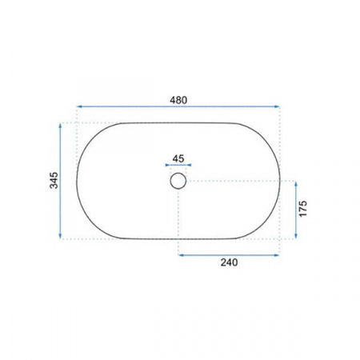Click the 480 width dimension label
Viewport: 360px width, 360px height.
tap(178, 100)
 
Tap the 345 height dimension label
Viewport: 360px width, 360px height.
tap(54, 181)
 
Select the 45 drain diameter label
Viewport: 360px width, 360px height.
tap(178, 158)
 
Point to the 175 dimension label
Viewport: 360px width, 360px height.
tap(303, 209)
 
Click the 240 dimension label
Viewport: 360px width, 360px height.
tap(229, 262)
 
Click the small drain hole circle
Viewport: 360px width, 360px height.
tap(178, 181)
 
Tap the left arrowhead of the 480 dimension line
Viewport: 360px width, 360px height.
tap(79, 106)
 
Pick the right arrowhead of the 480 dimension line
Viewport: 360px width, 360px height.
tap(277, 106)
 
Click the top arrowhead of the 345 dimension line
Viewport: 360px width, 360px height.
tap(60, 126)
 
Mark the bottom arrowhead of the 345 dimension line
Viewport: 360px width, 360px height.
tap(60, 236)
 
